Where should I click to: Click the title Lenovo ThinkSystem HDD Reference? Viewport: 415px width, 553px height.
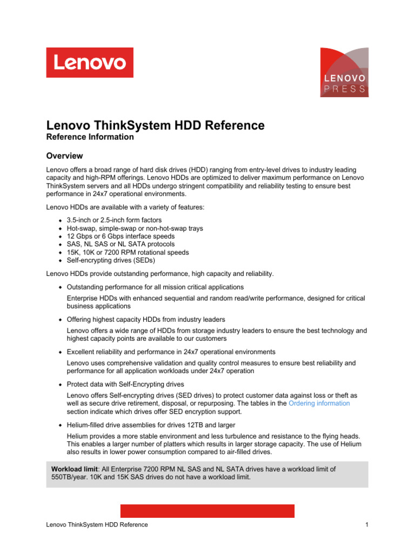click(156, 126)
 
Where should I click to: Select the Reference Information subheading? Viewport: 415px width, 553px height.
click(90, 137)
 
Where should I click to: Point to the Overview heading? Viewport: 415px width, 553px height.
click(64, 156)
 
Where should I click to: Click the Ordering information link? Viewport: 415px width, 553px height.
click(319, 403)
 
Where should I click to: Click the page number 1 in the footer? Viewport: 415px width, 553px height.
click(366, 525)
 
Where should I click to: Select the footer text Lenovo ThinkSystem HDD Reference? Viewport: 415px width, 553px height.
click(97, 525)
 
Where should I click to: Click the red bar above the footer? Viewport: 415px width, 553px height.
click(207, 511)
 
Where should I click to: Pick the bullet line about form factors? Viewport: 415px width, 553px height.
click(114, 220)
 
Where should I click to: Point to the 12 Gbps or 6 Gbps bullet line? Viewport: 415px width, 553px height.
click(121, 237)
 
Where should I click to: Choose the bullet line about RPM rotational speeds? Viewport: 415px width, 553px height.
click(128, 252)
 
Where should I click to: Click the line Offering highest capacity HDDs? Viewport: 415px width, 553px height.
click(146, 319)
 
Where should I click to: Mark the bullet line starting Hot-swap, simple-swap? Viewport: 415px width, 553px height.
click(135, 228)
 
